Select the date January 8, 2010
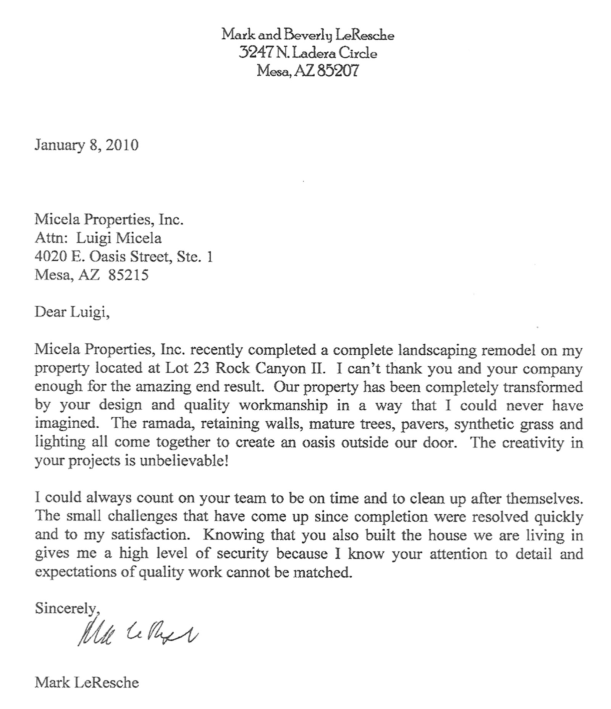point(86,145)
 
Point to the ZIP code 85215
point(128,275)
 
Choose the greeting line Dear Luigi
point(72,312)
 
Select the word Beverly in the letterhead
point(307,36)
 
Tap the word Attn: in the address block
point(51,238)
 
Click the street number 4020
point(50,256)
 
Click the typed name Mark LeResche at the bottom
point(87,682)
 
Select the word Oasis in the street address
point(108,256)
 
